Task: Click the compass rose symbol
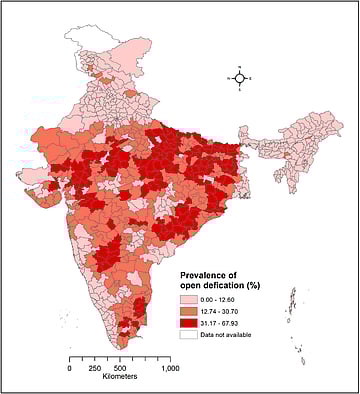[240, 77]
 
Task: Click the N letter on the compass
[240, 66]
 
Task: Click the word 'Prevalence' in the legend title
[206, 273]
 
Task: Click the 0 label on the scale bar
[69, 368]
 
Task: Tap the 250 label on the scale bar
[94, 368]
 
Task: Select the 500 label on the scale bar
[119, 368]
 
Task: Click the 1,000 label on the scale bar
[169, 368]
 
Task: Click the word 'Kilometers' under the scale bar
[119, 377]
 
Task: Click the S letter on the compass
[240, 90]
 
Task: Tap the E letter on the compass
[252, 77]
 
